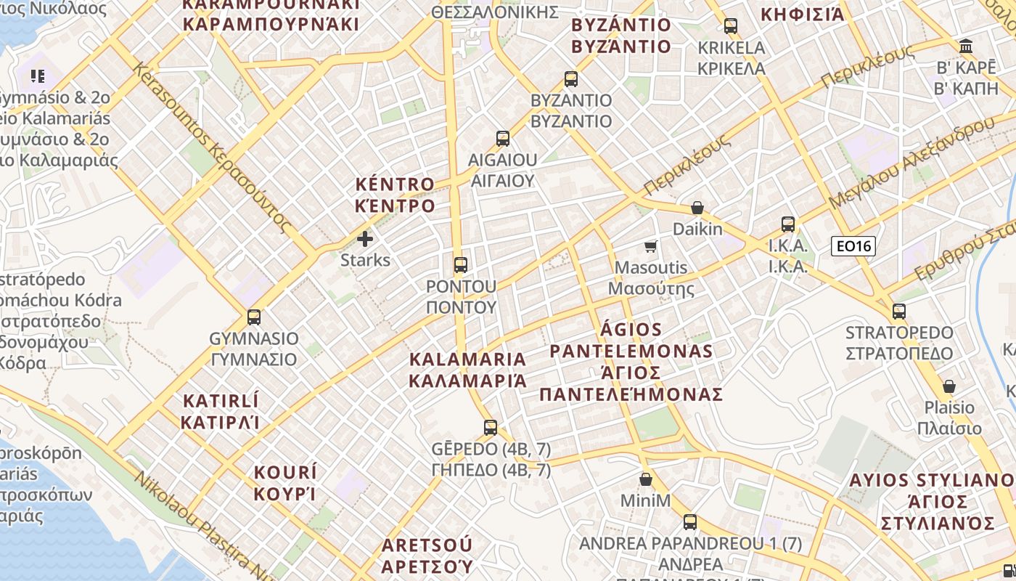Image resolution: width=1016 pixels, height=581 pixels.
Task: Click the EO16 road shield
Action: pyautogui.click(x=853, y=246)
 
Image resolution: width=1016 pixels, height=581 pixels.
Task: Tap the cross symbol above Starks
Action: pyautogui.click(x=365, y=238)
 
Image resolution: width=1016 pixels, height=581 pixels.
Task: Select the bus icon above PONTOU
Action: pyautogui.click(x=460, y=264)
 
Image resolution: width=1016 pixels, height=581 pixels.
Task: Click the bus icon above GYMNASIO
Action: pyautogui.click(x=253, y=317)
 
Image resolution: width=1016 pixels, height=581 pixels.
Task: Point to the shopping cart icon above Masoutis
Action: pyautogui.click(x=651, y=246)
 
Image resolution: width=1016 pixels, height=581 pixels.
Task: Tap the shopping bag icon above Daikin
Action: pyautogui.click(x=697, y=208)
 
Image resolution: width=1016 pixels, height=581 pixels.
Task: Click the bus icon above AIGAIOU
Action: pyautogui.click(x=502, y=138)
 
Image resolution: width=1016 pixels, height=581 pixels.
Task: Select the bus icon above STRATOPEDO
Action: pyautogui.click(x=898, y=312)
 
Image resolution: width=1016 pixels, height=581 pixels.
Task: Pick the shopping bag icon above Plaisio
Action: pyautogui.click(x=949, y=386)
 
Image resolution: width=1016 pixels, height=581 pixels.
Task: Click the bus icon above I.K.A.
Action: pyautogui.click(x=787, y=224)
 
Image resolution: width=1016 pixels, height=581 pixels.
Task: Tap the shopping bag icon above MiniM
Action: pyautogui.click(x=645, y=479)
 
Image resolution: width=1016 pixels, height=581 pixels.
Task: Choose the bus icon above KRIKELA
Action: pyautogui.click(x=730, y=26)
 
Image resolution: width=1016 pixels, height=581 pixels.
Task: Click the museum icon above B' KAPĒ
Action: pyautogui.click(x=966, y=46)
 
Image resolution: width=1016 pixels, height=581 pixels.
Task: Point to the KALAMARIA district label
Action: pyautogui.click(x=467, y=370)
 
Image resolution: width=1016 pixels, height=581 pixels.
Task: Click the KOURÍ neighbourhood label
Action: pyautogui.click(x=285, y=483)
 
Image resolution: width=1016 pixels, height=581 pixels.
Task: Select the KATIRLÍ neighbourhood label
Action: pyautogui.click(x=221, y=411)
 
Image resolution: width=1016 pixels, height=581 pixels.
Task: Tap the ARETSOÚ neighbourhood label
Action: pyautogui.click(x=427, y=555)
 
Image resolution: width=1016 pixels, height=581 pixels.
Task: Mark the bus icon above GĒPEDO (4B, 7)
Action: pyautogui.click(x=491, y=427)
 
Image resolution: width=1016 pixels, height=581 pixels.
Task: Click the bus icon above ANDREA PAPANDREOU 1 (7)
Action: pyautogui.click(x=689, y=521)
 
